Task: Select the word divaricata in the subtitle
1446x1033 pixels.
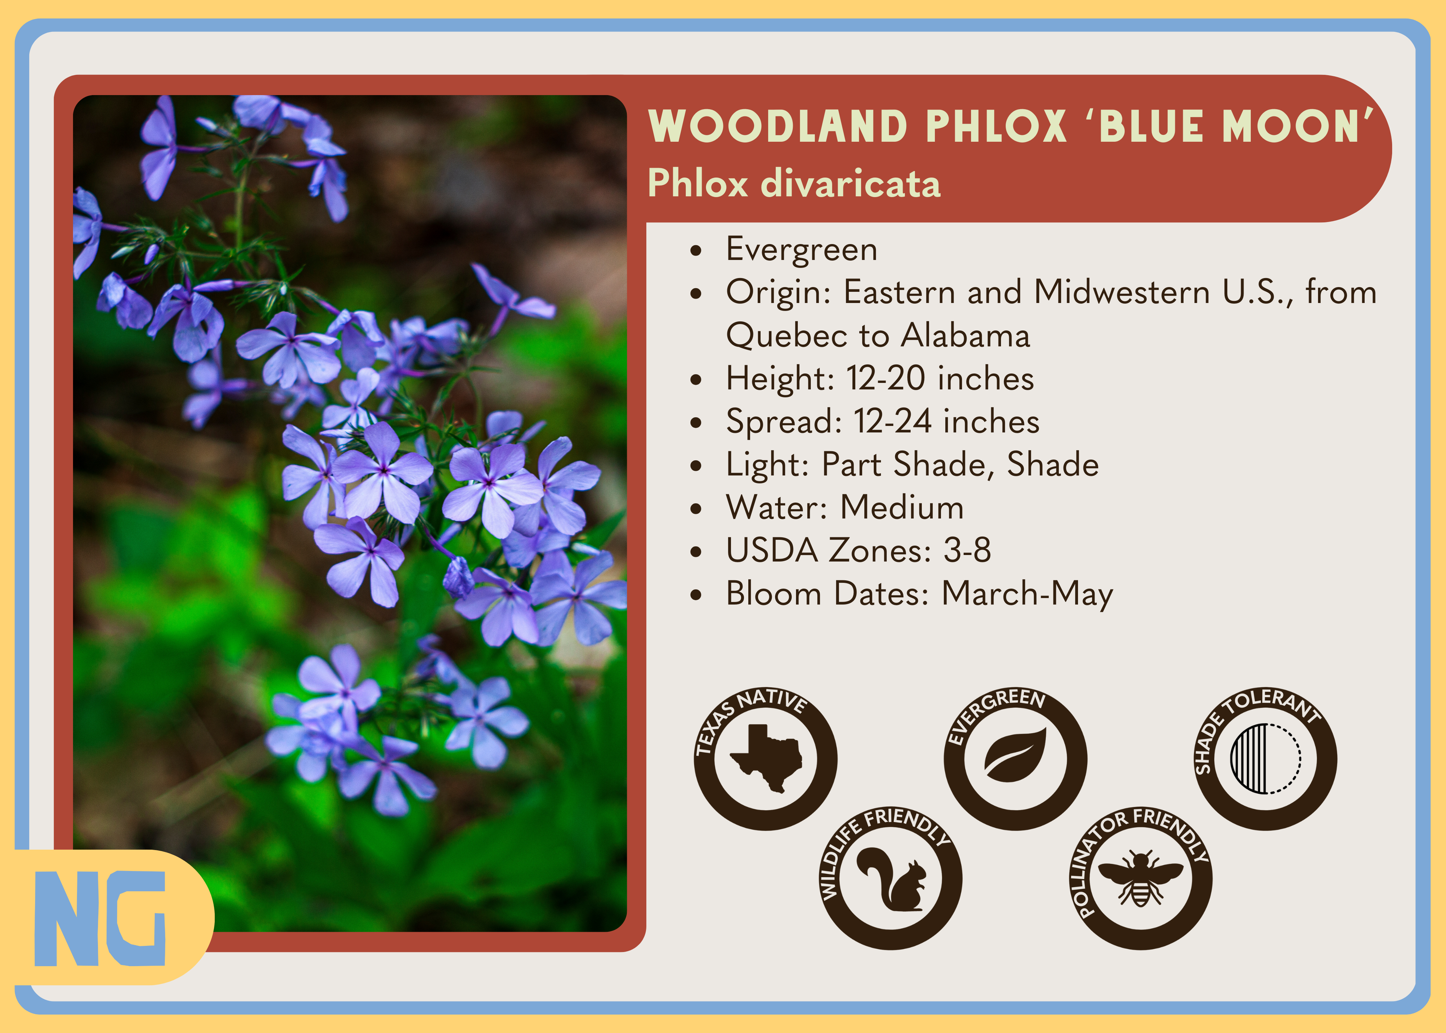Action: (851, 184)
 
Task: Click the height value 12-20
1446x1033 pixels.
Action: (886, 379)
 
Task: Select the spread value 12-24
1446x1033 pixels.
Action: (893, 422)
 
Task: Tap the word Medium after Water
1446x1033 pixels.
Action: (902, 508)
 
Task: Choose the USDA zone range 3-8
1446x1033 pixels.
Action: (967, 551)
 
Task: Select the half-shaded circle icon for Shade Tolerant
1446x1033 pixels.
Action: (1265, 759)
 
